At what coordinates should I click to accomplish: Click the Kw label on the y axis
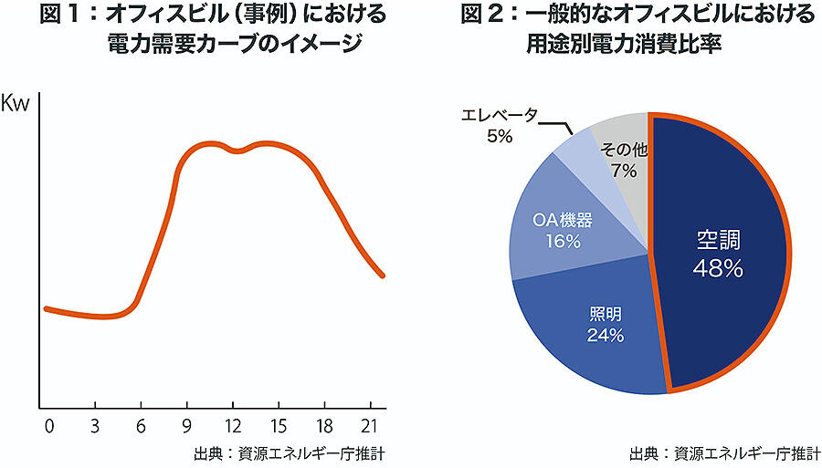click(x=17, y=102)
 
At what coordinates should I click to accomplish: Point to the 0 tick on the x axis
click(x=48, y=425)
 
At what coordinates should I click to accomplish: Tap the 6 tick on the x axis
click(x=141, y=425)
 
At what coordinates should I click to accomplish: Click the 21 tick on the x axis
click(x=371, y=425)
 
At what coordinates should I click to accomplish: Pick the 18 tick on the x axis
click(x=324, y=425)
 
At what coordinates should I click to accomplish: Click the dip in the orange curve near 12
click(x=237, y=151)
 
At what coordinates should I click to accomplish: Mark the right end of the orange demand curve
click(x=383, y=275)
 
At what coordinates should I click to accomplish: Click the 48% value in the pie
click(x=717, y=269)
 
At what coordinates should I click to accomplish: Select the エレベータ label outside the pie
click(x=499, y=115)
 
